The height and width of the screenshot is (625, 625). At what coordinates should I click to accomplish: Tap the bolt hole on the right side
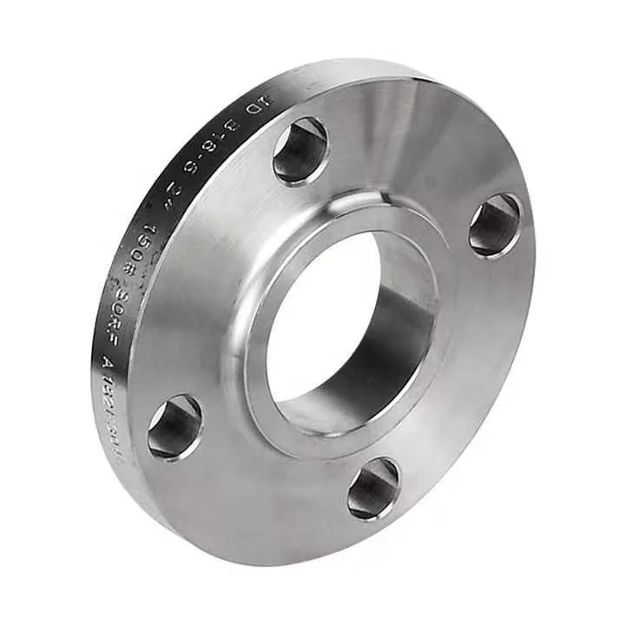[x=496, y=225]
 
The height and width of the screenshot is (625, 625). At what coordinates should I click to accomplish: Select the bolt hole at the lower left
[x=174, y=427]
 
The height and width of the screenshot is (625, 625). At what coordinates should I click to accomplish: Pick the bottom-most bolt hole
[x=373, y=489]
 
